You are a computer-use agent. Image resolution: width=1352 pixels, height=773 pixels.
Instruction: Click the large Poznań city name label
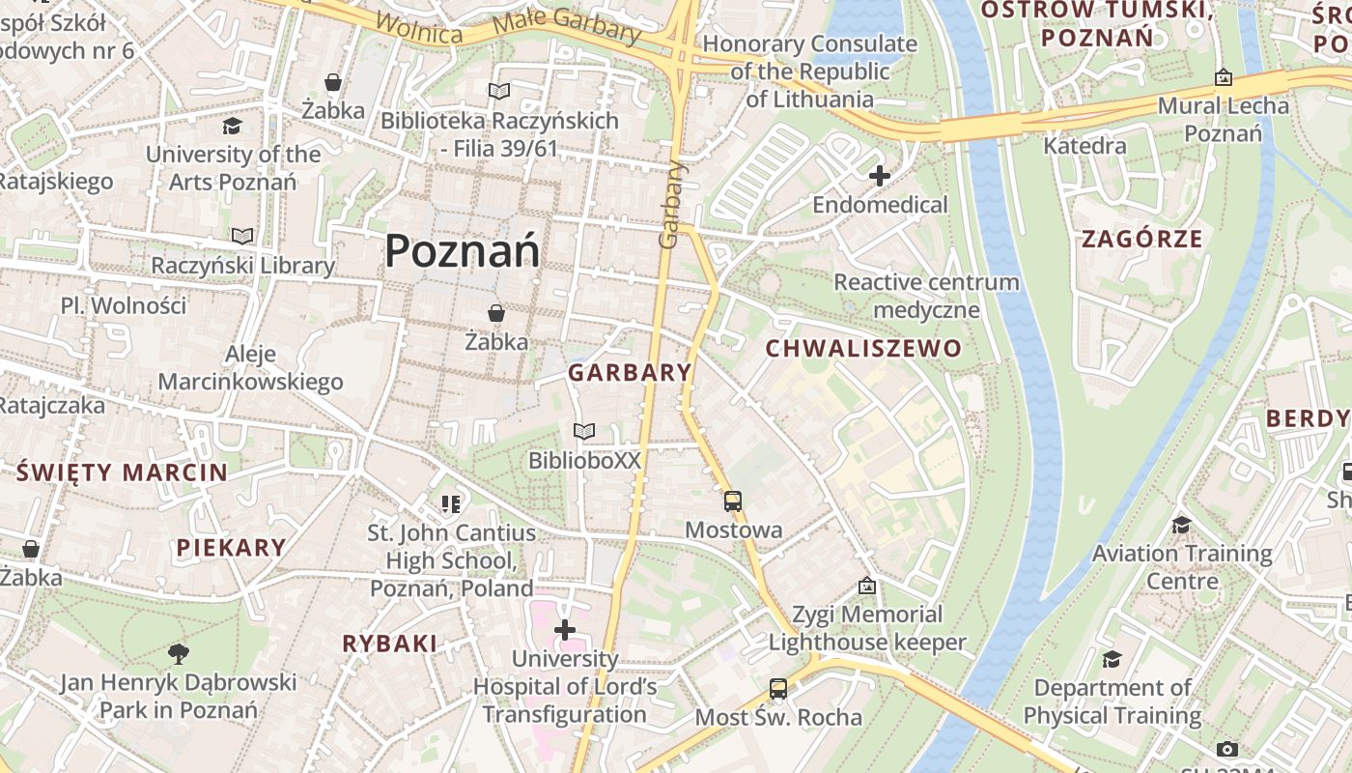(x=462, y=251)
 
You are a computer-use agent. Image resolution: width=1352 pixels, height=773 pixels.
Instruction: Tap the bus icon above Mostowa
(x=733, y=501)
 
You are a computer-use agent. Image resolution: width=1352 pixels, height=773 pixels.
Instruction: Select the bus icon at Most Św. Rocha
(x=778, y=688)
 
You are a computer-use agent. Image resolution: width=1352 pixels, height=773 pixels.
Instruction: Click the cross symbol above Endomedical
(x=879, y=176)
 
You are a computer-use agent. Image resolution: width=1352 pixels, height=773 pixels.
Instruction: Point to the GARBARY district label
(x=630, y=372)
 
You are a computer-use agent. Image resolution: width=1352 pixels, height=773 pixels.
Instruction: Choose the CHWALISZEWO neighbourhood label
(x=864, y=348)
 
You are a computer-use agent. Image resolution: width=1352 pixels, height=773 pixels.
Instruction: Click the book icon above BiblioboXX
(x=583, y=431)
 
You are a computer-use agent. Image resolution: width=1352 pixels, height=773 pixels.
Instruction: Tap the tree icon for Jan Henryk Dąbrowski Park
(x=178, y=654)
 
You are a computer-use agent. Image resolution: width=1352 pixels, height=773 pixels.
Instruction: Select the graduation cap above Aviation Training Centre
(x=1181, y=525)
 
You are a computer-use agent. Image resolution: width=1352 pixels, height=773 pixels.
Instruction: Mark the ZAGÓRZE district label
(x=1142, y=239)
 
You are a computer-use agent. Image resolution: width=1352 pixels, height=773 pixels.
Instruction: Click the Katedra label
(x=1085, y=146)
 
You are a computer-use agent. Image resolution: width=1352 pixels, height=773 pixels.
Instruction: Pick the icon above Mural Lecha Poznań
(x=1224, y=77)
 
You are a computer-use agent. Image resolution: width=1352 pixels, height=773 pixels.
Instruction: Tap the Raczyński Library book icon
(x=242, y=236)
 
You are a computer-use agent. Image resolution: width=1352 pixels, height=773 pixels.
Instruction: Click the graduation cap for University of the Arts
(x=232, y=126)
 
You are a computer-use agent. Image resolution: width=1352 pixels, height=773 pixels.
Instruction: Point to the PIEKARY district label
(x=232, y=547)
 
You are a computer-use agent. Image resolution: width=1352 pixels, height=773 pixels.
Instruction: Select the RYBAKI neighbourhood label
(x=390, y=643)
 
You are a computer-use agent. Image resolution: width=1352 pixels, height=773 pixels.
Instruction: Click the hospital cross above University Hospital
(x=565, y=630)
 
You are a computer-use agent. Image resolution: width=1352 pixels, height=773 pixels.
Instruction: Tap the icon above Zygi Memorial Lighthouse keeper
(x=867, y=586)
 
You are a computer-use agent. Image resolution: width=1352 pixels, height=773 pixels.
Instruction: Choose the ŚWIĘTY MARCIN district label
(x=122, y=472)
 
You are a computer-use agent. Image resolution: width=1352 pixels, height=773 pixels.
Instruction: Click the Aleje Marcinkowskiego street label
(x=251, y=368)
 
